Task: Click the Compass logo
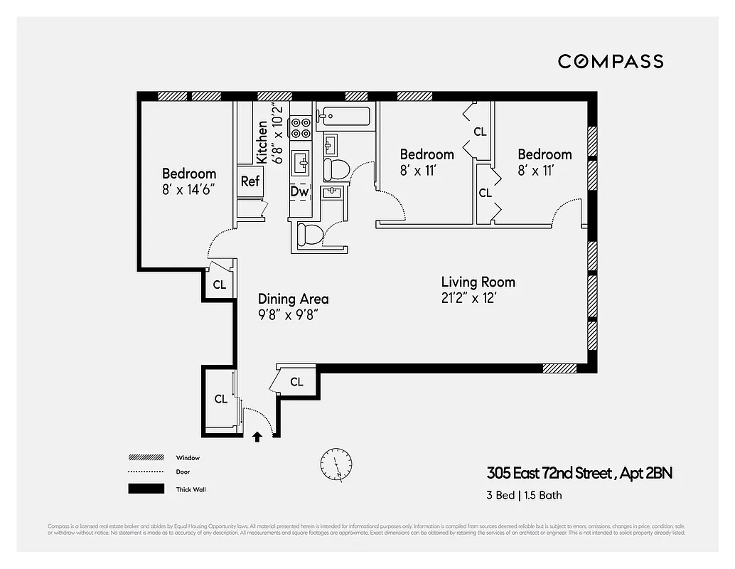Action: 610,61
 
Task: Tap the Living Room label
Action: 478,282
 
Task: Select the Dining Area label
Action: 293,299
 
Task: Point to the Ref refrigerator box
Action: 250,181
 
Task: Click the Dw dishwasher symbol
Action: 299,191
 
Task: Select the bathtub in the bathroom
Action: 345,116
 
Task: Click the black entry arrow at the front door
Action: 257,437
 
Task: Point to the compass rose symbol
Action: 336,463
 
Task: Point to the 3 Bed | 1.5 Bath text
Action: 524,495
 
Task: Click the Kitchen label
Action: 262,142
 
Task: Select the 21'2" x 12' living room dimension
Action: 468,299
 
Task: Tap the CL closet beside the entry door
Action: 221,399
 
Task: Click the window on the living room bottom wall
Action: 559,368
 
